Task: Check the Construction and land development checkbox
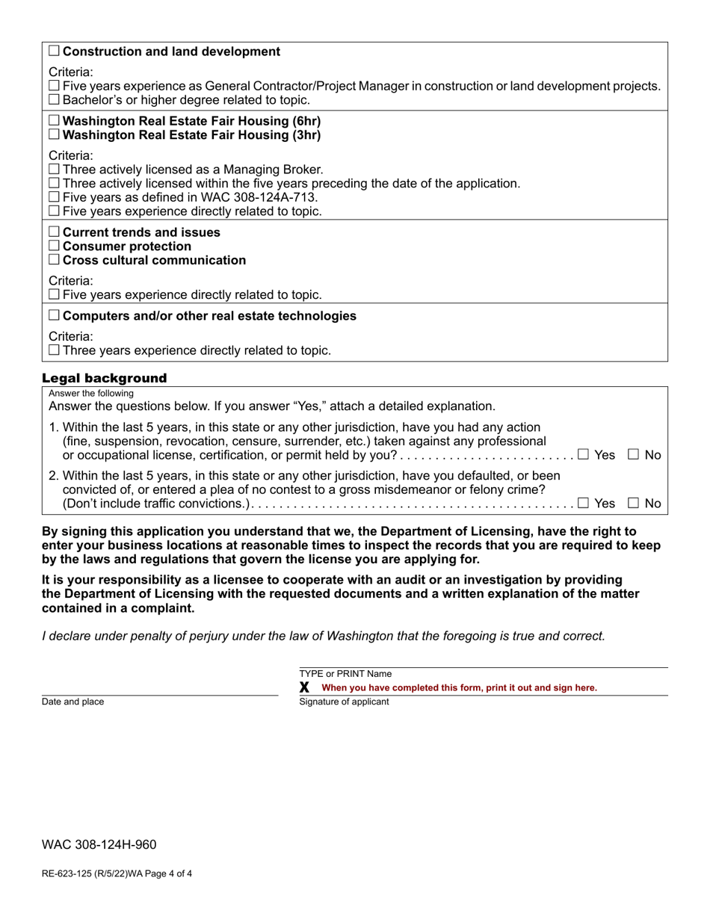pyautogui.click(x=54, y=52)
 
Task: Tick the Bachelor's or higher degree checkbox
pyautogui.click(x=54, y=100)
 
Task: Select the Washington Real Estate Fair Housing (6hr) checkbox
pyautogui.click(x=54, y=121)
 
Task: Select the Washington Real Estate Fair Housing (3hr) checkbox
pyautogui.click(x=54, y=135)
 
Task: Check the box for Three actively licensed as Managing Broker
pyautogui.click(x=54, y=170)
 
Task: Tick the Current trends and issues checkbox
pyautogui.click(x=54, y=232)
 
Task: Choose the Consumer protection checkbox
pyautogui.click(x=54, y=247)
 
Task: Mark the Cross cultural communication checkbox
pyautogui.click(x=54, y=261)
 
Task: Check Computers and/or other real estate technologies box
pyautogui.click(x=54, y=316)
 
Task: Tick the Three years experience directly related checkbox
pyautogui.click(x=54, y=350)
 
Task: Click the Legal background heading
pyautogui.click(x=104, y=378)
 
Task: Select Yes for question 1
pyautogui.click(x=583, y=454)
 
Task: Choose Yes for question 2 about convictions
pyautogui.click(x=583, y=504)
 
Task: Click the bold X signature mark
pyautogui.click(x=304, y=687)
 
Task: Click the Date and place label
pyautogui.click(x=73, y=702)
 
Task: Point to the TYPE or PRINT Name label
pyautogui.click(x=345, y=674)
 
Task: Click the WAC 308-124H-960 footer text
pyautogui.click(x=99, y=845)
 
